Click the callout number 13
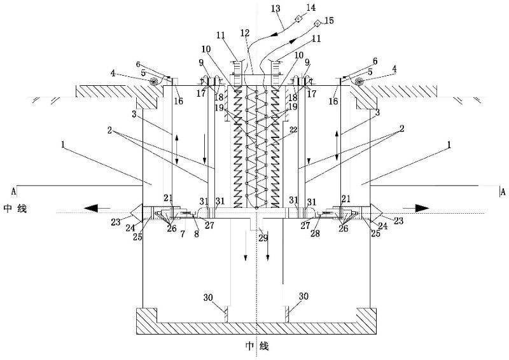pos(275,8)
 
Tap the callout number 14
pos(311,7)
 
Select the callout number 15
pos(329,20)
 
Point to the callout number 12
pos(245,33)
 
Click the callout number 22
pos(293,130)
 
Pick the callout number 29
pos(263,238)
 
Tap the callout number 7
pos(183,233)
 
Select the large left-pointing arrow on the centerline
pos(97,209)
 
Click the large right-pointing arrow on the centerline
pos(416,208)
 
